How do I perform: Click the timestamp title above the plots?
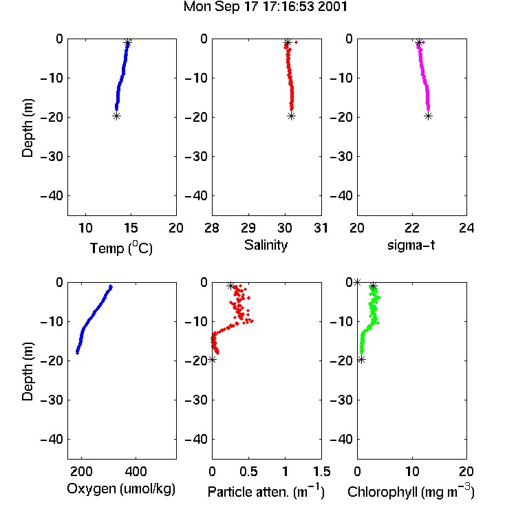(266, 7)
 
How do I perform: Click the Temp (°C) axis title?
(121, 248)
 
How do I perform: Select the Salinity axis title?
(266, 245)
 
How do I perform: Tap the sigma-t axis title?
(411, 245)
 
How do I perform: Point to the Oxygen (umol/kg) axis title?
(121, 489)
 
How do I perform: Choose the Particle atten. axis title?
(266, 491)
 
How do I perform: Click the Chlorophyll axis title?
(411, 491)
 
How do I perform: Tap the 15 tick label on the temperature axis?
(131, 228)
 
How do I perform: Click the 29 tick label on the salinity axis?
(248, 228)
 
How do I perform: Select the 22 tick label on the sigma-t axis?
(412, 228)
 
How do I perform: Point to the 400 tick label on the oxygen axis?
(136, 471)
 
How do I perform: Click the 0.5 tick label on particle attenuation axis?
(248, 471)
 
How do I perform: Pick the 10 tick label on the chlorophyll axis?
(412, 471)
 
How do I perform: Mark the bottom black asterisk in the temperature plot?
(116, 116)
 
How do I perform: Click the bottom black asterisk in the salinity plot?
(291, 116)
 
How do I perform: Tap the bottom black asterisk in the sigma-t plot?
(428, 116)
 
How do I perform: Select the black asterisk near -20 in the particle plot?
(213, 359)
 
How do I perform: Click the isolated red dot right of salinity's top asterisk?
(296, 42)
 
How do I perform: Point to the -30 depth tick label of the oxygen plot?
(52, 400)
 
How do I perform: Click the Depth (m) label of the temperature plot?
(28, 128)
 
